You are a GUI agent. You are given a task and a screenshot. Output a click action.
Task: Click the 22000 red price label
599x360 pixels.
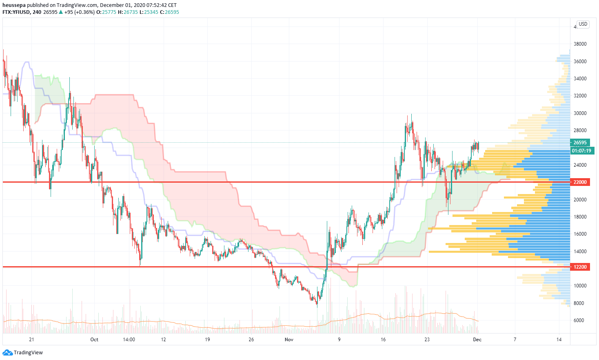point(580,182)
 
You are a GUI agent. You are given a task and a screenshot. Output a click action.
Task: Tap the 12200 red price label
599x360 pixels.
point(580,267)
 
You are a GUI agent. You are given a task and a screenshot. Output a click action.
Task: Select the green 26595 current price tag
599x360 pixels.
point(580,143)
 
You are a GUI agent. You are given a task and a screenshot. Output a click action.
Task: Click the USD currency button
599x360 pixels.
point(583,24)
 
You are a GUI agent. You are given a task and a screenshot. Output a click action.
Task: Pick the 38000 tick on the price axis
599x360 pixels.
point(580,44)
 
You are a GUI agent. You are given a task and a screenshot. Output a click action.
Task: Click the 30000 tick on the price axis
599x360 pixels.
point(580,113)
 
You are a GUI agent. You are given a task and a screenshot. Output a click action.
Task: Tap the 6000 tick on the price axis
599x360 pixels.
point(580,320)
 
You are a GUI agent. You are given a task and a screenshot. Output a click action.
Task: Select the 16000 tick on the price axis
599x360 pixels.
point(580,234)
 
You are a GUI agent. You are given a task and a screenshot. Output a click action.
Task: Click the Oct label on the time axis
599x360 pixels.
point(94,340)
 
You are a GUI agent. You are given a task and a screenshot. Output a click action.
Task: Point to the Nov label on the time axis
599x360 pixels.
point(289,340)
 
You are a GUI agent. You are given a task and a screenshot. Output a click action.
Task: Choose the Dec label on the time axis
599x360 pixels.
point(477,340)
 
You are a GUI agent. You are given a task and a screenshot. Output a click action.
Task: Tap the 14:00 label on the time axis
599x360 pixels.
point(129,340)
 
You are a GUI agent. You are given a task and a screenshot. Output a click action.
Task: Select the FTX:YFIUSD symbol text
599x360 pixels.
point(16,12)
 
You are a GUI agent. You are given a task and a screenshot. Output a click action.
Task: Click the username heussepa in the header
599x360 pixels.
point(14,5)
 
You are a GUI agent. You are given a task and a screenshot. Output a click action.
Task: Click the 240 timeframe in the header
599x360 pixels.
point(37,12)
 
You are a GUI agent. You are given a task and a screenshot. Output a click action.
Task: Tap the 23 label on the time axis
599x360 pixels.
point(427,340)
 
